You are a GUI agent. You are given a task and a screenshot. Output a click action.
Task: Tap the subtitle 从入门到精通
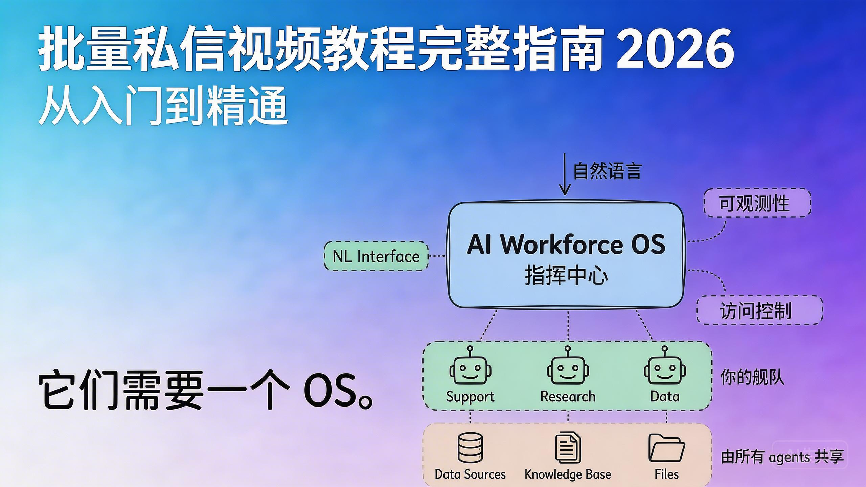163,106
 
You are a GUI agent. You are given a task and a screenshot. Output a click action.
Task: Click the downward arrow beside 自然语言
564,174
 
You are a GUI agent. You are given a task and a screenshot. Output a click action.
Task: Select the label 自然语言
607,171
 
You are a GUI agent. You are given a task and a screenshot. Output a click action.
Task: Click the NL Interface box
376,256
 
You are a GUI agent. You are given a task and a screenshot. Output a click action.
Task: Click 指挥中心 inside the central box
566,276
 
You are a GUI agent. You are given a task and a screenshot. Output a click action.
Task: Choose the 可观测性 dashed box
757,203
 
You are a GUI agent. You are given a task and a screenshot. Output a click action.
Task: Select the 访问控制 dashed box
759,310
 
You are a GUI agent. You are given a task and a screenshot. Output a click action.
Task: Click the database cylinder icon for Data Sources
470,447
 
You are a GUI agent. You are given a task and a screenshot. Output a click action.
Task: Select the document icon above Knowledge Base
568,447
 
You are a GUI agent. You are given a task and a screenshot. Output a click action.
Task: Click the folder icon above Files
666,448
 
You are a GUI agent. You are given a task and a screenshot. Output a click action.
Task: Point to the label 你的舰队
752,377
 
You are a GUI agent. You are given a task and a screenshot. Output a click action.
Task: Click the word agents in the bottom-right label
789,458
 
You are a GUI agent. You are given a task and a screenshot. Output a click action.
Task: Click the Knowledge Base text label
568,474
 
